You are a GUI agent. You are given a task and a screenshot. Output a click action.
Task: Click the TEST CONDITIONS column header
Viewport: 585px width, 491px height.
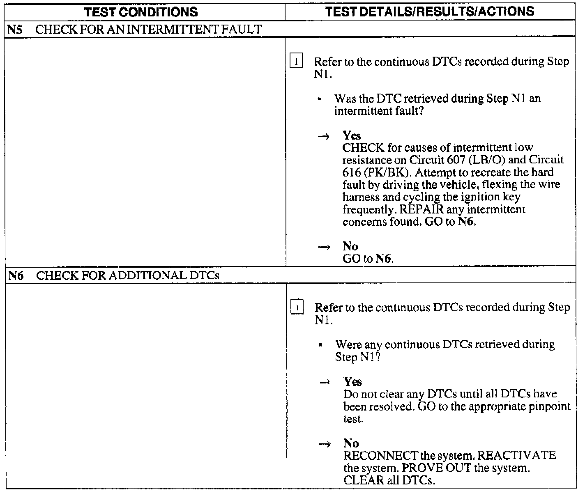click(141, 12)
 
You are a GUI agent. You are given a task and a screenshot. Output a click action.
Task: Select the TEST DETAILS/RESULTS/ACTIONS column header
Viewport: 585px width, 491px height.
click(429, 11)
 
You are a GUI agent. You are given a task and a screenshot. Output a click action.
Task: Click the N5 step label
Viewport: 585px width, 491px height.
click(14, 29)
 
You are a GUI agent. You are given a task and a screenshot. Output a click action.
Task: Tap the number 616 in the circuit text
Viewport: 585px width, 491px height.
click(350, 172)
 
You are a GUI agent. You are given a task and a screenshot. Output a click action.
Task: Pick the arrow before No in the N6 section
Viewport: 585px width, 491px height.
click(325, 444)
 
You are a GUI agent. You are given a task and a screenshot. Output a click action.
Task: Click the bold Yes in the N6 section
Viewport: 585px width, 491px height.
click(352, 382)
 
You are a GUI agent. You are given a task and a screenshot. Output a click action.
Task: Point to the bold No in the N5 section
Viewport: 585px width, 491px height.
click(350, 246)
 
